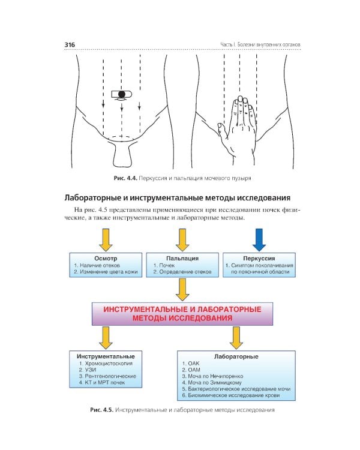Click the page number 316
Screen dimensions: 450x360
pyautogui.click(x=70, y=44)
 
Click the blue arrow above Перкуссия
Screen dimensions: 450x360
pyautogui.click(x=259, y=239)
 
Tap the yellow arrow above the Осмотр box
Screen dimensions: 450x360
pyautogui.click(x=106, y=239)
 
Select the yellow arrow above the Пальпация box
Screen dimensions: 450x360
pyautogui.click(x=181, y=239)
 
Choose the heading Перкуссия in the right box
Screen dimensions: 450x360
pyautogui.click(x=259, y=258)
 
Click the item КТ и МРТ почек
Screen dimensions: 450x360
pyautogui.click(x=100, y=383)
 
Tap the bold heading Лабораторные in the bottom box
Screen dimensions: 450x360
pyautogui.click(x=236, y=356)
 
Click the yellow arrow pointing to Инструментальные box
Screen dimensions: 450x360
pyautogui.click(x=106, y=337)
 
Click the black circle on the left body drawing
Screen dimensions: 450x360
pyautogui.click(x=122, y=94)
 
